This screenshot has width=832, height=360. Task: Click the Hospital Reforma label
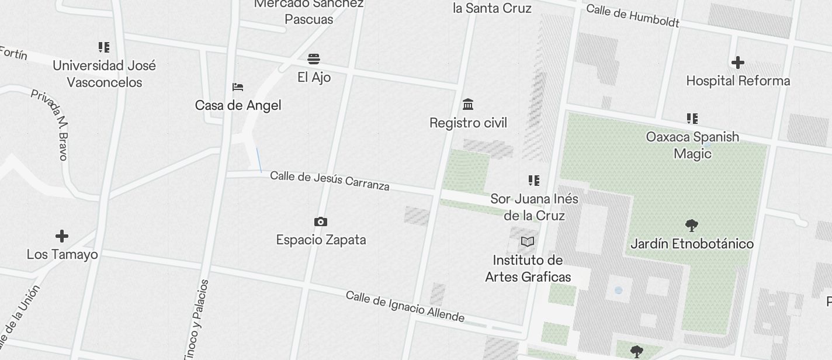[738, 81]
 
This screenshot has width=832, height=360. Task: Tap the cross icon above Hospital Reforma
[738, 62]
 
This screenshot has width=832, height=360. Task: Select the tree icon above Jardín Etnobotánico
[692, 225]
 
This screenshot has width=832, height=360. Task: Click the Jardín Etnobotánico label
[692, 244]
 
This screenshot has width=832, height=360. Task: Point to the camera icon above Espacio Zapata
[321, 221]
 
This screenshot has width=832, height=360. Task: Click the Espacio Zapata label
[321, 240]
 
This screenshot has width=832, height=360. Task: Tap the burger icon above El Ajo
[314, 59]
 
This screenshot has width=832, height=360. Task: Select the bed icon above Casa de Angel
[238, 87]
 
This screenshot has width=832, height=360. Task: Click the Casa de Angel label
[238, 105]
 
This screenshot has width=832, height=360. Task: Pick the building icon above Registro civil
[468, 105]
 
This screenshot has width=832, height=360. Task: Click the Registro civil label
[468, 123]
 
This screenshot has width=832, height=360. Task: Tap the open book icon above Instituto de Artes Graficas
[528, 241]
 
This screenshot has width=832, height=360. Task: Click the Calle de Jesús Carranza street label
[330, 181]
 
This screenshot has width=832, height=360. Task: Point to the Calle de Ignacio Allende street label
[405, 307]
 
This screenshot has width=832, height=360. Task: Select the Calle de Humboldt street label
[633, 16]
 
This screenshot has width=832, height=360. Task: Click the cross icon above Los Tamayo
[62, 236]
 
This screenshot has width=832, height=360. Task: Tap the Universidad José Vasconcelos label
[105, 74]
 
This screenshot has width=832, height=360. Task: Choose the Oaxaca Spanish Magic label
[692, 145]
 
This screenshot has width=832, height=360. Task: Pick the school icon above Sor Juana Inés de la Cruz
[534, 180]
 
